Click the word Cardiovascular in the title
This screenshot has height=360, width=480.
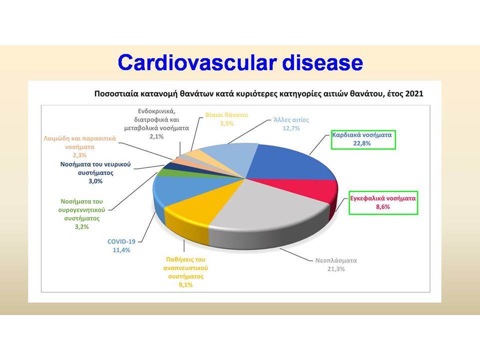coord(197,62)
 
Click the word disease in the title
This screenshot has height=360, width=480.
coord(322,62)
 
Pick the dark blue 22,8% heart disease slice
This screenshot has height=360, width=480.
coord(294,162)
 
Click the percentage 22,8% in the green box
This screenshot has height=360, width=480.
coord(362,143)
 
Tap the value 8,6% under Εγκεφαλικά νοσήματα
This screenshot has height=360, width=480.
coord(383,207)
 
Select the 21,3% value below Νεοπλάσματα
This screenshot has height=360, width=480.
coord(336,269)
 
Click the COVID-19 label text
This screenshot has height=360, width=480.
coord(121,241)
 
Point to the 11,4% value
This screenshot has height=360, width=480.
coord(121,250)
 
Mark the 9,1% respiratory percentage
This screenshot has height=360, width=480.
coord(185,285)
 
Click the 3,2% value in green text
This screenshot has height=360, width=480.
coord(81,227)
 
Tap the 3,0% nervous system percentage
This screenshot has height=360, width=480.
coord(95,181)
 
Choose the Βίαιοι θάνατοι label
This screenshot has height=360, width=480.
coord(227,115)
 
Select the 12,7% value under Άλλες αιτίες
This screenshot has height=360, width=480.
coord(291,128)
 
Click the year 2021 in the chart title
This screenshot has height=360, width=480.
coord(414,93)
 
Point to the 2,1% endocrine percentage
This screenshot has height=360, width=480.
coord(156,136)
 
